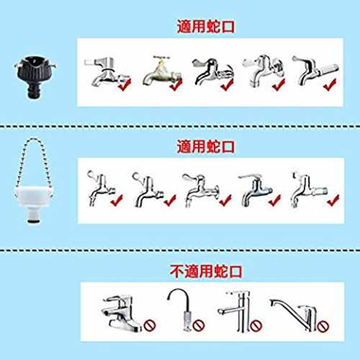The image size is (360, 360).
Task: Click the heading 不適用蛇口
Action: [x=206, y=271]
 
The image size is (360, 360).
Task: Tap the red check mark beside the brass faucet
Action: [x=176, y=85]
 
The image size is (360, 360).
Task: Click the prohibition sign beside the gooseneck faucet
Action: [x=199, y=325]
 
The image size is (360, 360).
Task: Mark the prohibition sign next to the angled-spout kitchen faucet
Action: [x=323, y=326]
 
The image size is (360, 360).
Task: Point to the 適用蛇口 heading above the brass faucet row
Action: [x=206, y=27]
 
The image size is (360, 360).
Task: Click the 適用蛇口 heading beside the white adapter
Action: [x=206, y=146]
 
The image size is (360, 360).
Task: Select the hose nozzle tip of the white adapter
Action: [x=33, y=220]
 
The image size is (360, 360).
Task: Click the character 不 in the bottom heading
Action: [x=177, y=271]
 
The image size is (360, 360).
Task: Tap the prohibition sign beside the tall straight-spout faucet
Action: [x=256, y=326]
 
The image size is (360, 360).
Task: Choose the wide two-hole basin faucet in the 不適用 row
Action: [x=121, y=313]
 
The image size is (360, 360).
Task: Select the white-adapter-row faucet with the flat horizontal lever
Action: [x=256, y=191]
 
